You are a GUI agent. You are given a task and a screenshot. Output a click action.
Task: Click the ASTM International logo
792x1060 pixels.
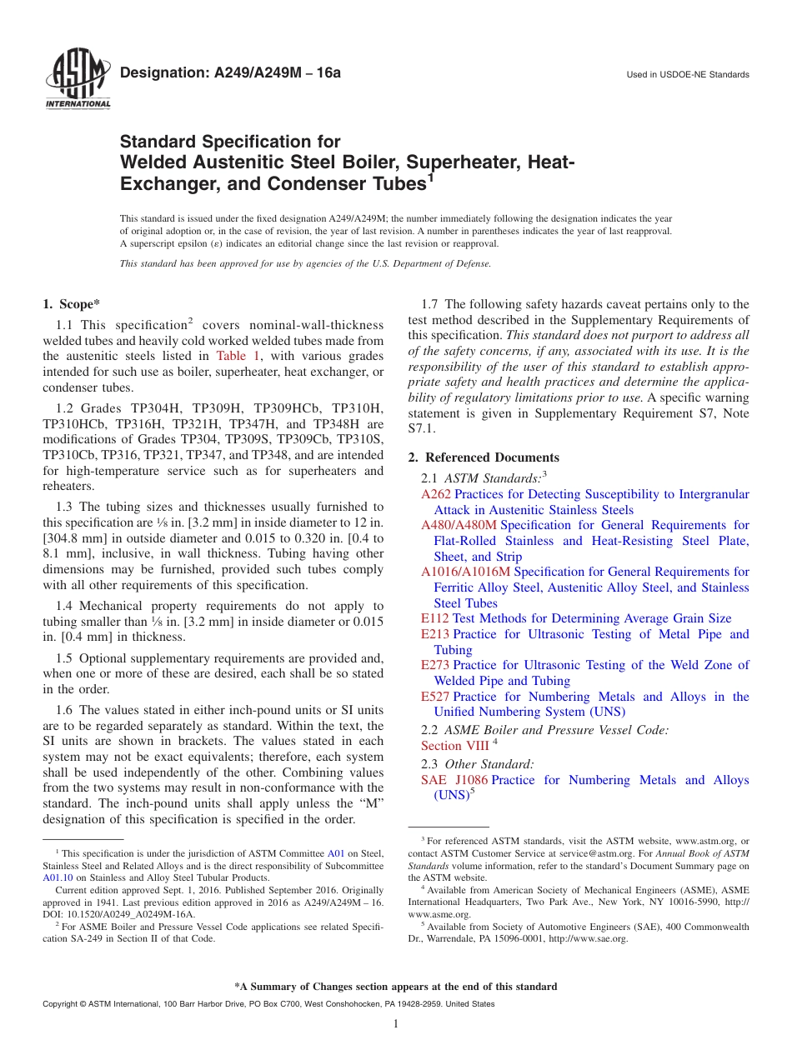(x=78, y=82)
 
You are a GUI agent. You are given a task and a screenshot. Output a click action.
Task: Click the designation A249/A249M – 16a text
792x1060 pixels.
(x=230, y=73)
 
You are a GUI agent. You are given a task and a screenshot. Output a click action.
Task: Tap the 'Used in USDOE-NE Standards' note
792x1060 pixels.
(x=688, y=75)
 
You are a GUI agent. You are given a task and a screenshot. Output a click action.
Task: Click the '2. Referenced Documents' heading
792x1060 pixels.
(x=484, y=457)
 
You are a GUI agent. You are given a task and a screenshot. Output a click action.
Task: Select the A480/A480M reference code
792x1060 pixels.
(x=459, y=525)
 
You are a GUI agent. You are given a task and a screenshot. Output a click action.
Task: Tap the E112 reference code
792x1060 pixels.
(x=434, y=618)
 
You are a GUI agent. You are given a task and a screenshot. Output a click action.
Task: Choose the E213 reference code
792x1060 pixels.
(x=435, y=634)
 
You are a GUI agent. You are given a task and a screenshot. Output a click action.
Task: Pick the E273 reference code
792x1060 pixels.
(x=435, y=665)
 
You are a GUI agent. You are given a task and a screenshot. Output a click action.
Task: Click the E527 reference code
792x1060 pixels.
(x=435, y=697)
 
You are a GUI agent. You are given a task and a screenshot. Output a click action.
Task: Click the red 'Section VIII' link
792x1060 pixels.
(x=454, y=746)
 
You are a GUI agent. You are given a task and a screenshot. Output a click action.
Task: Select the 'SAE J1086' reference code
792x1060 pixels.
(x=454, y=780)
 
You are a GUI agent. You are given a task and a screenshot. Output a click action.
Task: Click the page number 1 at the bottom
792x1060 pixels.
(x=396, y=1024)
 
